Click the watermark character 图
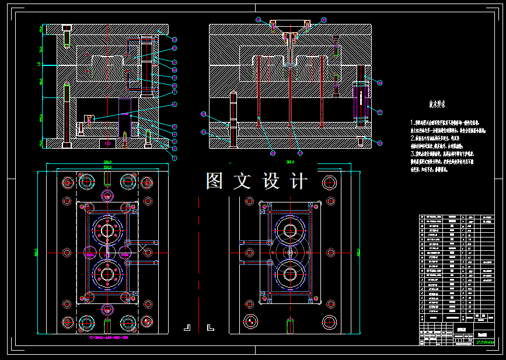pyautogui.click(x=214, y=181)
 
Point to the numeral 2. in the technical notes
pyautogui.click(x=413, y=138)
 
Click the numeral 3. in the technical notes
pyautogui.click(x=413, y=153)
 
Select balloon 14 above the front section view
pyautogui.click(x=258, y=20)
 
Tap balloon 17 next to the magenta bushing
pyautogui.click(x=379, y=111)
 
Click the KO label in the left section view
pyautogui.click(x=107, y=142)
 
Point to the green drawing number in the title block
pyautogui.click(x=485, y=342)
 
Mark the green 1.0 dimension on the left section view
pyautogui.click(x=40, y=64)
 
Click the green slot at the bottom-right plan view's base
pyautogui.click(x=289, y=324)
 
